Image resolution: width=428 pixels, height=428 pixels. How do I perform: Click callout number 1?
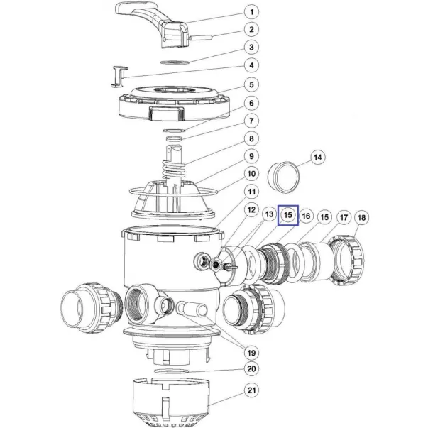point(251,12)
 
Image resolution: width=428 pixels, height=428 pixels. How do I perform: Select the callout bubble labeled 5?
point(251,85)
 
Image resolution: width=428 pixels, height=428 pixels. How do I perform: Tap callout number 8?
point(251,138)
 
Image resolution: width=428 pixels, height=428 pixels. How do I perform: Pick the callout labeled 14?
point(318,158)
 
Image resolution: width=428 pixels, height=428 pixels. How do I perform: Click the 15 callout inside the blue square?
point(288,215)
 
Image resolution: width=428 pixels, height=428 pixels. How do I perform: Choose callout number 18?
point(361,217)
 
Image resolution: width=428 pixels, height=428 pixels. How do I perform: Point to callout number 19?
point(251,353)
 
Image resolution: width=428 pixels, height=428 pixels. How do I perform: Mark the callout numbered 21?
point(251,390)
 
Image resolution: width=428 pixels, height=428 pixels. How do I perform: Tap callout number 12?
point(251,210)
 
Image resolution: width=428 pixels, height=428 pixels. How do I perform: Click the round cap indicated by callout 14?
point(283,177)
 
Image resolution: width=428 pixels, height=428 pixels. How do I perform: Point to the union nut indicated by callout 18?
point(346,260)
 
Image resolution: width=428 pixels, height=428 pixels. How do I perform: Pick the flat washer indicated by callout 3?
point(175,62)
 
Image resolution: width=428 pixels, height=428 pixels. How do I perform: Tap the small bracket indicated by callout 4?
point(119,77)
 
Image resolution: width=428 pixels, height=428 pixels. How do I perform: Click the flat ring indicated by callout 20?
point(172,371)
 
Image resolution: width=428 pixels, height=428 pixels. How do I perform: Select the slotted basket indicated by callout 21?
point(171,403)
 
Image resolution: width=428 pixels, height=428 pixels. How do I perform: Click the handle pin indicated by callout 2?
point(200,38)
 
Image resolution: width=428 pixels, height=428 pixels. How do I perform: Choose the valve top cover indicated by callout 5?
point(174,104)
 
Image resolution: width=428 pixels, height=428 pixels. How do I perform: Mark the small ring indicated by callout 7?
point(175,138)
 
